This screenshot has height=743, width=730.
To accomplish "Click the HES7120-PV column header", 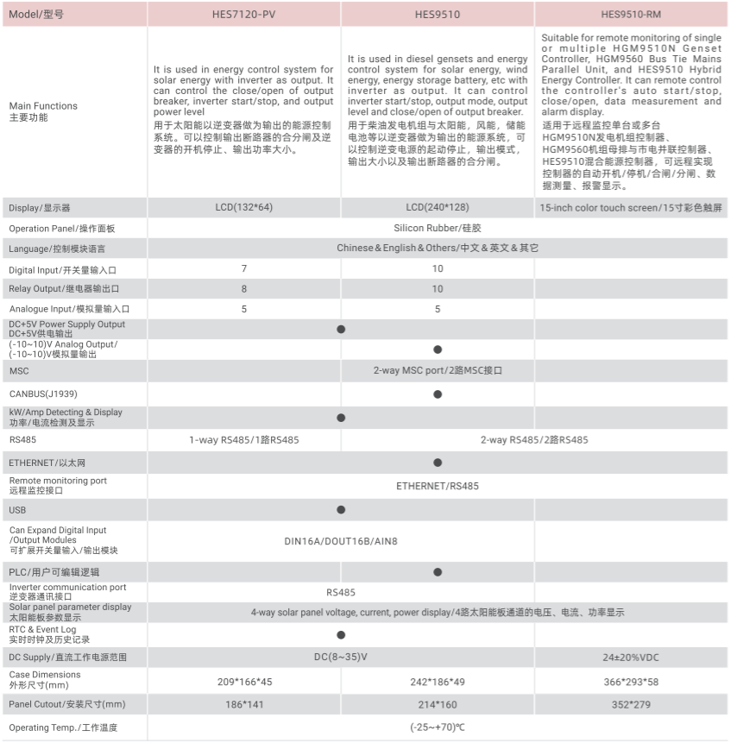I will pos(244,15).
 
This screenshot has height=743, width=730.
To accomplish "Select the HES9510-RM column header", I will pos(632,15).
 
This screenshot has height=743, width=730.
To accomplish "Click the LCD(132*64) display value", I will pos(244,208).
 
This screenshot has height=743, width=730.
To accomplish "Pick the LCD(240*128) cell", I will pos(437,208).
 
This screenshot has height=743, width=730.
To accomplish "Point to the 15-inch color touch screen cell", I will pos(632,208).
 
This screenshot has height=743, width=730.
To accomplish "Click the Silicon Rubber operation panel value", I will pos(437,229).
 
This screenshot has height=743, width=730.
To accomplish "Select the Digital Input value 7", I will pos(244,269).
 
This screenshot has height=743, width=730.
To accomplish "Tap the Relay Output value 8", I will pos(244,289).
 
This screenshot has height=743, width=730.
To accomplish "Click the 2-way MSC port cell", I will pos(437,370).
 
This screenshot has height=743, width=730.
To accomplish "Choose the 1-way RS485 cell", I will pos(244,440).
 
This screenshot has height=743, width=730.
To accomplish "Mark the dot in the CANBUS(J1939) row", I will pos(437,394).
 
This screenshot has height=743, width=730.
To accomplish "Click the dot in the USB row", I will pos(341,510).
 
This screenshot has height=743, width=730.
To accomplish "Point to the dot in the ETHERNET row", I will pos(437,463).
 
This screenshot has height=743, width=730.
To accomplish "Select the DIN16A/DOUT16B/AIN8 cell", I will pos(341,541).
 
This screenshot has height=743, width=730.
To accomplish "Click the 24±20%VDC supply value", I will pos(632,658).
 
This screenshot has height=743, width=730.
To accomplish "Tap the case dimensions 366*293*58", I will pos(632,682).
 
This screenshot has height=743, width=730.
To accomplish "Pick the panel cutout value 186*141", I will pos(244,705).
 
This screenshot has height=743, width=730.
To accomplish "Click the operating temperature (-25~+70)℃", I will pos(437,728).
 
